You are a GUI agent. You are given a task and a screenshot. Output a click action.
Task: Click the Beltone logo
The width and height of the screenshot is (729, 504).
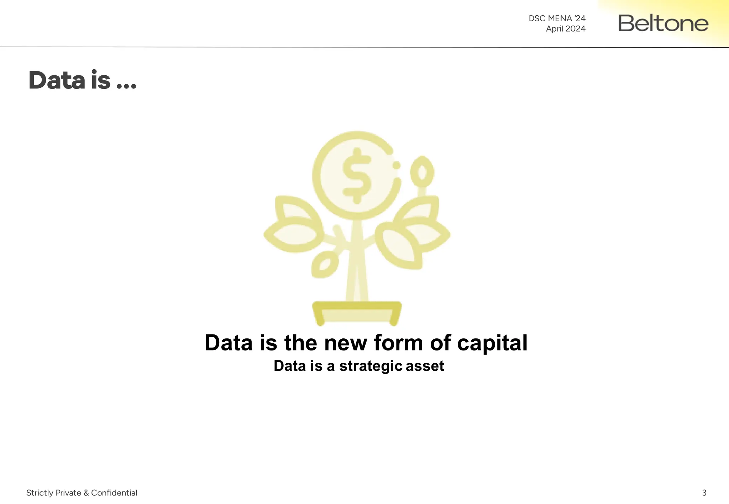coord(663,23)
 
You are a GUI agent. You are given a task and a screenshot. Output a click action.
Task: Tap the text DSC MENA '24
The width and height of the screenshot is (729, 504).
coord(557,18)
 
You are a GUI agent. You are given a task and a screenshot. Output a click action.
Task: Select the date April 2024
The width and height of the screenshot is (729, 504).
coord(565,29)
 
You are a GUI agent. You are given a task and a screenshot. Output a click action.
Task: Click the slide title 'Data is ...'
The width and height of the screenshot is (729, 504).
coord(82,80)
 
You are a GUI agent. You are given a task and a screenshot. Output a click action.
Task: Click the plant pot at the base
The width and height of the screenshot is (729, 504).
coord(357,313)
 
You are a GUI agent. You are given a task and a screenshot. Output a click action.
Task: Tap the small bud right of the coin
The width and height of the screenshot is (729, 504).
coord(422,172)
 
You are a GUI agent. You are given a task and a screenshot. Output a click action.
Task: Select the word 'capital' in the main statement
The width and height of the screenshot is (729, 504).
coord(492,343)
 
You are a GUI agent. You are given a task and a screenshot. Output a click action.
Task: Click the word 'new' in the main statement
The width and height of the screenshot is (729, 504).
coord(345,343)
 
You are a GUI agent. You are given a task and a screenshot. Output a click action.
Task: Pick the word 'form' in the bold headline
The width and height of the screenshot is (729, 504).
coord(398,343)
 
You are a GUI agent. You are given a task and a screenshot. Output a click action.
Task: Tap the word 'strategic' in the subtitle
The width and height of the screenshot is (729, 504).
coord(371,366)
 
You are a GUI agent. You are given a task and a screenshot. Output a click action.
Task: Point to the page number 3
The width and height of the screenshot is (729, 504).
coord(704,493)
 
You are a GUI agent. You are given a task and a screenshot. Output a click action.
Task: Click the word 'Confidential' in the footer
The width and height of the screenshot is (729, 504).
coord(114,493)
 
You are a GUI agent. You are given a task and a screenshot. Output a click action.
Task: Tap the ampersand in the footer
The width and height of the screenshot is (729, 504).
coord(86,493)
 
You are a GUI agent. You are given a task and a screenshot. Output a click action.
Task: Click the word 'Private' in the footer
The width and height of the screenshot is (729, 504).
coord(68,493)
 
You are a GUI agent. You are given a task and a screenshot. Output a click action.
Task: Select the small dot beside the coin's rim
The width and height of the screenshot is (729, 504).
coord(396,165)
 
